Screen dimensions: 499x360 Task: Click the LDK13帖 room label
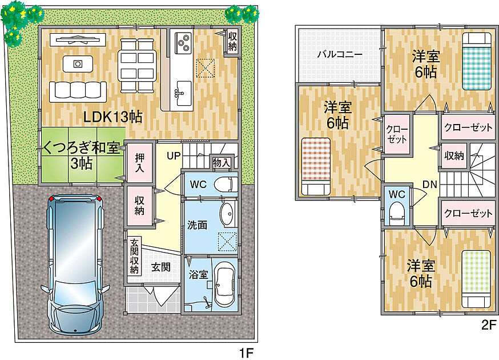(x=112, y=117)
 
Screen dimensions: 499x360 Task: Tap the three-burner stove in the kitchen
(x=183, y=43)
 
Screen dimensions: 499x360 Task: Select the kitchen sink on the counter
(x=184, y=93)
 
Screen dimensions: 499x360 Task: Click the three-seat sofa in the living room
(x=78, y=91)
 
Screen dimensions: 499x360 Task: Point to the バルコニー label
(x=340, y=54)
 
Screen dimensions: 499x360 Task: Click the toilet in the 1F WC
(x=226, y=185)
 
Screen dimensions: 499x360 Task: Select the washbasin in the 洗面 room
(x=228, y=214)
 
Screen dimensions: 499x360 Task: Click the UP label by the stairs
(x=174, y=156)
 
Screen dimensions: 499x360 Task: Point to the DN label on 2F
(x=429, y=184)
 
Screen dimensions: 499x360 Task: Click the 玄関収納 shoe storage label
(x=135, y=256)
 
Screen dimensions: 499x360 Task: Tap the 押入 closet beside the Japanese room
(x=139, y=163)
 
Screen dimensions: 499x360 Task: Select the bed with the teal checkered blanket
(x=476, y=61)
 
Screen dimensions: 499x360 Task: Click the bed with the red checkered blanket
(x=315, y=166)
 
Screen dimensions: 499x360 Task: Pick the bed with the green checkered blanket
(x=476, y=279)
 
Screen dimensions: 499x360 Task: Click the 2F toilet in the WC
(x=397, y=214)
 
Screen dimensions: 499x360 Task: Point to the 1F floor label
(x=246, y=353)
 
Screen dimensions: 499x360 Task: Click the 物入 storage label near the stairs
(x=222, y=162)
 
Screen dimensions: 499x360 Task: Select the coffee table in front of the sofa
(x=78, y=64)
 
